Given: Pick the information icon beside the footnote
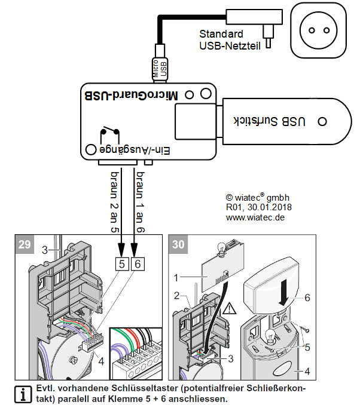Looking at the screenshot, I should [23, 394].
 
